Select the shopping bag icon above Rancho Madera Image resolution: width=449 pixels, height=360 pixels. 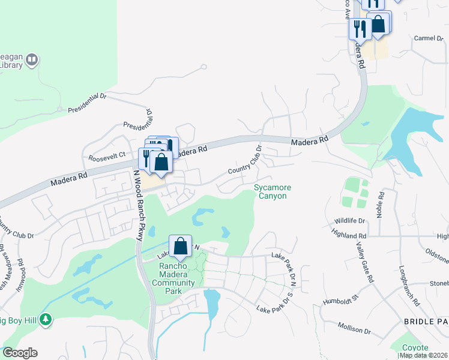click(x=180, y=245)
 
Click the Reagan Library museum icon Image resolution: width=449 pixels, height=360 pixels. click(x=32, y=60)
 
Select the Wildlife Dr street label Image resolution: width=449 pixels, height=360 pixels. click(x=349, y=221)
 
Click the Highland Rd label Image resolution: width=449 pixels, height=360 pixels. click(x=352, y=236)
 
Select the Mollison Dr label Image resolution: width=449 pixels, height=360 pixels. click(x=355, y=329)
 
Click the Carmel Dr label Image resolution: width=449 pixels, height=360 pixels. click(x=427, y=38)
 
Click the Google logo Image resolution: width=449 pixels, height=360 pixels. click(x=20, y=353)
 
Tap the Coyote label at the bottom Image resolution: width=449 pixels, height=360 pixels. click(x=415, y=348)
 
